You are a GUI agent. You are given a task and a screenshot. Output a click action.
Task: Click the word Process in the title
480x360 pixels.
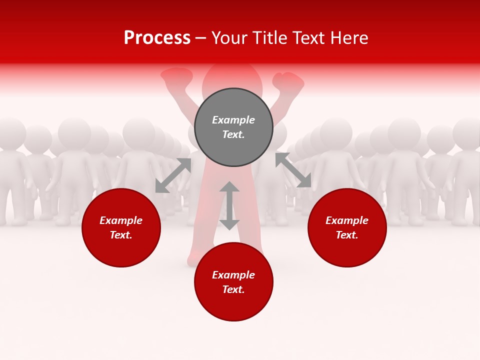[157, 38]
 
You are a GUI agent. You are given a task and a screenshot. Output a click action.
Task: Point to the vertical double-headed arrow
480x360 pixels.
[229, 205]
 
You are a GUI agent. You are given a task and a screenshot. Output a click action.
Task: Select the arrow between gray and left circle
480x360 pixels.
[173, 175]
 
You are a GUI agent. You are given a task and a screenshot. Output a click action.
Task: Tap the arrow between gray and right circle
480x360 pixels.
[293, 170]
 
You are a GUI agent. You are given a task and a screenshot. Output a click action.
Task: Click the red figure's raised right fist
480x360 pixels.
[288, 81]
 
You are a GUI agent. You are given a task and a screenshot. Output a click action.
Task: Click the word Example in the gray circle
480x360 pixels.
[233, 120]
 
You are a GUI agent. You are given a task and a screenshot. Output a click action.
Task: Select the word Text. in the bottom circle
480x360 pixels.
[233, 289]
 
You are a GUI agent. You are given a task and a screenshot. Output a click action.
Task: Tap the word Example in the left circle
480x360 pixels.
[121, 220]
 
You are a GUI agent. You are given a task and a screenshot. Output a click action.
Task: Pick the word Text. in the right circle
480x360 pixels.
[347, 235]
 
